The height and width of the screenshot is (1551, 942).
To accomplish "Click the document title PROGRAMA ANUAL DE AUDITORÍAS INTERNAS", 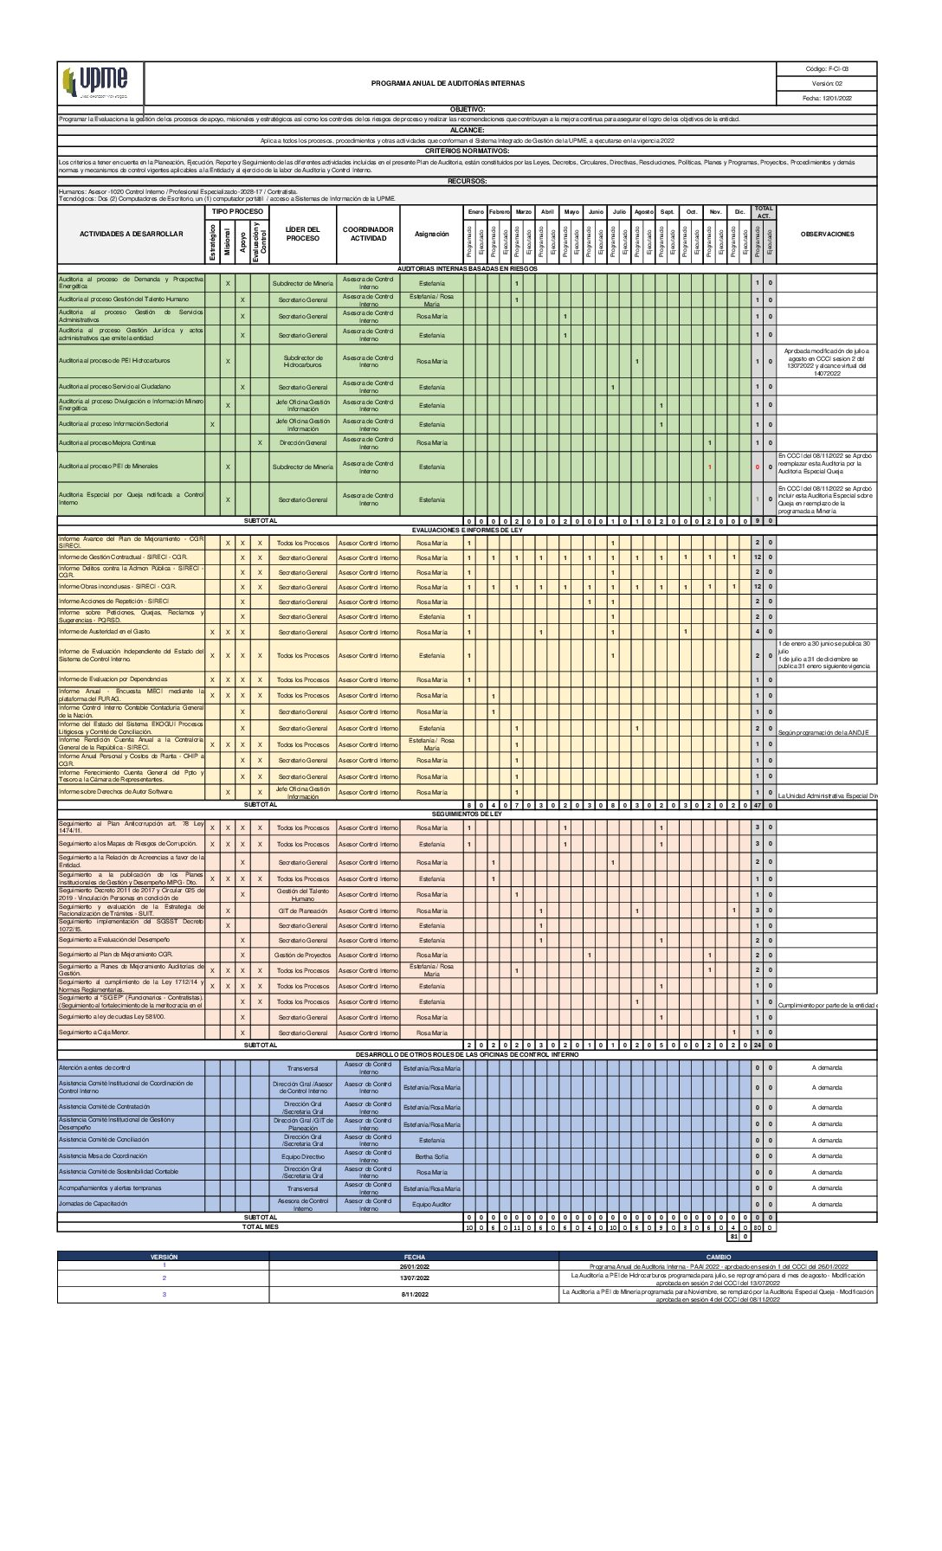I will pyautogui.click(x=448, y=84).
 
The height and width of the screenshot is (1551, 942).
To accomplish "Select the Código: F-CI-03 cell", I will pyautogui.click(x=827, y=69).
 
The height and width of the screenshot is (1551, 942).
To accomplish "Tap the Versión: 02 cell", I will pyautogui.click(x=827, y=84).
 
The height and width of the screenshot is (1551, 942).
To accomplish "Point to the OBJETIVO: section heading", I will pyautogui.click(x=468, y=110).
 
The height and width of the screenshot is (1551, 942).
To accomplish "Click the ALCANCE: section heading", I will pyautogui.click(x=468, y=130).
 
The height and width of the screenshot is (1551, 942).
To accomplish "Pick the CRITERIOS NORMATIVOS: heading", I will pyautogui.click(x=468, y=151).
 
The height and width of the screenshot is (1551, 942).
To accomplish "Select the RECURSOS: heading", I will pyautogui.click(x=468, y=181).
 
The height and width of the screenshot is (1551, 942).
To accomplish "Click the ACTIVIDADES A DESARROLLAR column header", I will pyautogui.click(x=132, y=235).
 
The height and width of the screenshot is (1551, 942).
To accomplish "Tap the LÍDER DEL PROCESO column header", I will pyautogui.click(x=303, y=235).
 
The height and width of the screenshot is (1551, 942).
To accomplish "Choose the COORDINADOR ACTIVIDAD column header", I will pyautogui.click(x=369, y=235).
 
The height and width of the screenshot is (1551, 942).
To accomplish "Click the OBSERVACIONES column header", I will pyautogui.click(x=827, y=235).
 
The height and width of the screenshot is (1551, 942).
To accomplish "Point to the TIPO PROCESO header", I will pyautogui.click(x=237, y=211).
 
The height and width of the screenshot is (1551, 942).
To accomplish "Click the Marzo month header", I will pyautogui.click(x=523, y=212).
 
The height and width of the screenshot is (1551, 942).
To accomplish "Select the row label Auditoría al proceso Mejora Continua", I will pyautogui.click(x=107, y=443).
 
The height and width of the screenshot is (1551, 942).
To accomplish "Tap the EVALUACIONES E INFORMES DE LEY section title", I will pyautogui.click(x=468, y=530).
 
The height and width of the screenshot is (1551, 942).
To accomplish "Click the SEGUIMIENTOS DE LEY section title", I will pyautogui.click(x=468, y=814).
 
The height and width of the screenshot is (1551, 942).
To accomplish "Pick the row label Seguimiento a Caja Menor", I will pyautogui.click(x=94, y=1033).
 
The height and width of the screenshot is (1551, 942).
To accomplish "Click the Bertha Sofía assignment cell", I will pyautogui.click(x=432, y=1156).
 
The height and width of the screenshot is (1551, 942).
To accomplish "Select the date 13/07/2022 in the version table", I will pyautogui.click(x=414, y=1277).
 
